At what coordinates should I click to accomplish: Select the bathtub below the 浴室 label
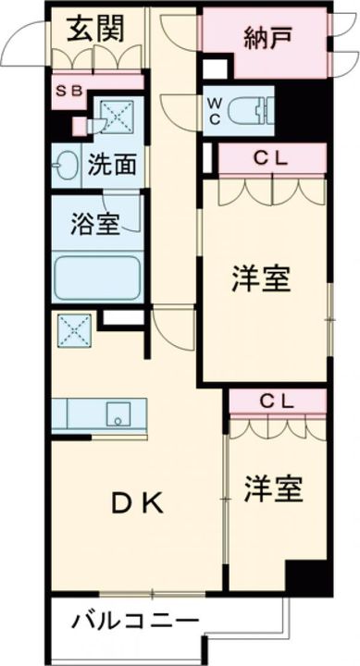click(x=96, y=275)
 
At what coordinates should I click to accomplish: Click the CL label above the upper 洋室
click(x=272, y=158)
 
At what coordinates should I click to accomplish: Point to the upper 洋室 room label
click(x=261, y=278)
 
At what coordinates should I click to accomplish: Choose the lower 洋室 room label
click(x=273, y=487)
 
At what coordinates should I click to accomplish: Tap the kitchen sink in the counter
click(x=118, y=413)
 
